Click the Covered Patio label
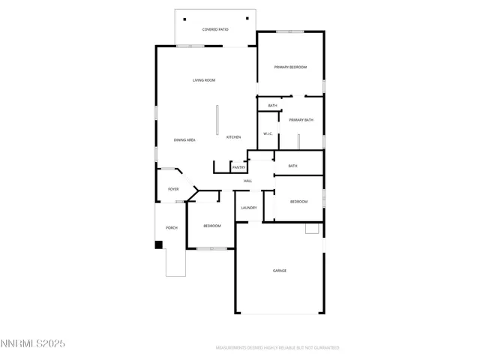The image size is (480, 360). pos(215,29)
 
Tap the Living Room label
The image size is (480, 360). pos(204,80)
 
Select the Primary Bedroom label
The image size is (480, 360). pos(290,67)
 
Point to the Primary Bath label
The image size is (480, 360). pos(301,120)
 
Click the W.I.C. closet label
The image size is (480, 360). pos(268,134)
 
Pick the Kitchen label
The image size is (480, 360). pos(233,137)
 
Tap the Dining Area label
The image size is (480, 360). pos(184,140)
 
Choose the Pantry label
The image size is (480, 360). pos(238,167)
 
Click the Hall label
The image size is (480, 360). pos(247,181)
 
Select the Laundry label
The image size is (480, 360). pos(249,208)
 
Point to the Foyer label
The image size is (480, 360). pos(172,189)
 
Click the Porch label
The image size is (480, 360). pos(171,227)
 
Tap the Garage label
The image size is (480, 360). pos(279,271)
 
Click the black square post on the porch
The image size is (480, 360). pos(159,244)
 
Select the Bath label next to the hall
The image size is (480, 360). pos(292,166)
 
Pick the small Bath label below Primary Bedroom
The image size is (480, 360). pos(272,106)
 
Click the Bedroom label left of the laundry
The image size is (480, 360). pos(212,226)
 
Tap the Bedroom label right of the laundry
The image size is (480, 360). pos(298,201)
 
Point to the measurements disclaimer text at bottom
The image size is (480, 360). pos(277,348)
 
